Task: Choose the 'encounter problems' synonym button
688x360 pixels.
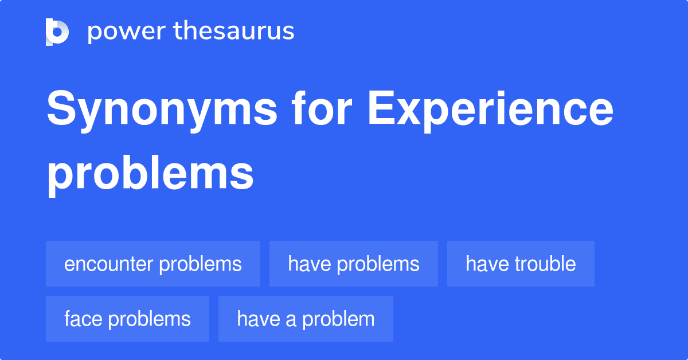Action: (x=153, y=264)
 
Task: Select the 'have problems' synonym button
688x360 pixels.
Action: (x=354, y=264)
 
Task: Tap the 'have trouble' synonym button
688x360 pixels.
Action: (x=521, y=264)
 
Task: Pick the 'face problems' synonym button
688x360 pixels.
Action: (x=127, y=319)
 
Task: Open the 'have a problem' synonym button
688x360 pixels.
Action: (x=306, y=319)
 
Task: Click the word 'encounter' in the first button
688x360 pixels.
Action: (x=108, y=264)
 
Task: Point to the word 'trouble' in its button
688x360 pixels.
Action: (x=545, y=264)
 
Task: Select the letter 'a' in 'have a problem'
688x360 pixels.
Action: (x=291, y=320)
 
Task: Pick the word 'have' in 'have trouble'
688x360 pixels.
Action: (x=487, y=264)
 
